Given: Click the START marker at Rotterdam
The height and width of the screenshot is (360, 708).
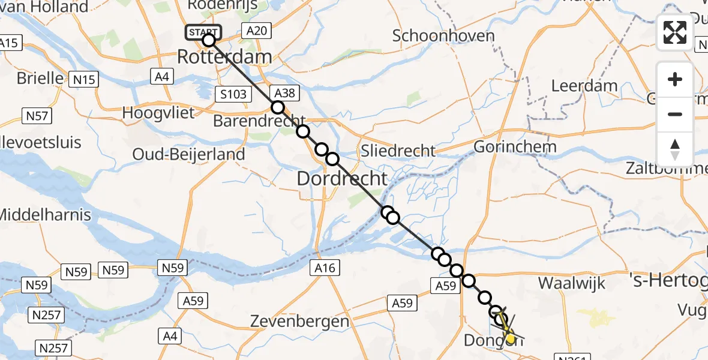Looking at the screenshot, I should [204, 32].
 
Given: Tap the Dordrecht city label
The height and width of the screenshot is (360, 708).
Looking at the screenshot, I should [343, 178].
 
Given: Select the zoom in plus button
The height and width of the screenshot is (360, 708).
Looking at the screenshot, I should [675, 79].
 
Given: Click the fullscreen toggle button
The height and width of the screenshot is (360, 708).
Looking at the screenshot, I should [675, 32].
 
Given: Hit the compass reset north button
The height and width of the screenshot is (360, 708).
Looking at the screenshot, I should [675, 149].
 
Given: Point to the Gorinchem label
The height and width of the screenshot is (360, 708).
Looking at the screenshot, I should [515, 146].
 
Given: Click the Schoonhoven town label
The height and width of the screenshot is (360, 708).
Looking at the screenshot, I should [443, 35].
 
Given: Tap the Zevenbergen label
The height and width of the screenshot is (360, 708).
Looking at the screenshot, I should [299, 321].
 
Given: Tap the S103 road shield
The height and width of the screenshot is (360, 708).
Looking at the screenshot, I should [232, 94].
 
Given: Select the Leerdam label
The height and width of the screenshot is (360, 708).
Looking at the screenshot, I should [584, 85].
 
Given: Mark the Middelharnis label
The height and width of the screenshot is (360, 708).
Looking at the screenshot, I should [44, 214].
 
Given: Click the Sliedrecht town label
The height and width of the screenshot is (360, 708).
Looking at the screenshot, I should [397, 150].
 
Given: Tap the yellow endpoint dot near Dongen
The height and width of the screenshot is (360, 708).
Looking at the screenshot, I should [511, 339].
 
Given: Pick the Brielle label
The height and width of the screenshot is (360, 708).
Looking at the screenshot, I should [40, 78].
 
